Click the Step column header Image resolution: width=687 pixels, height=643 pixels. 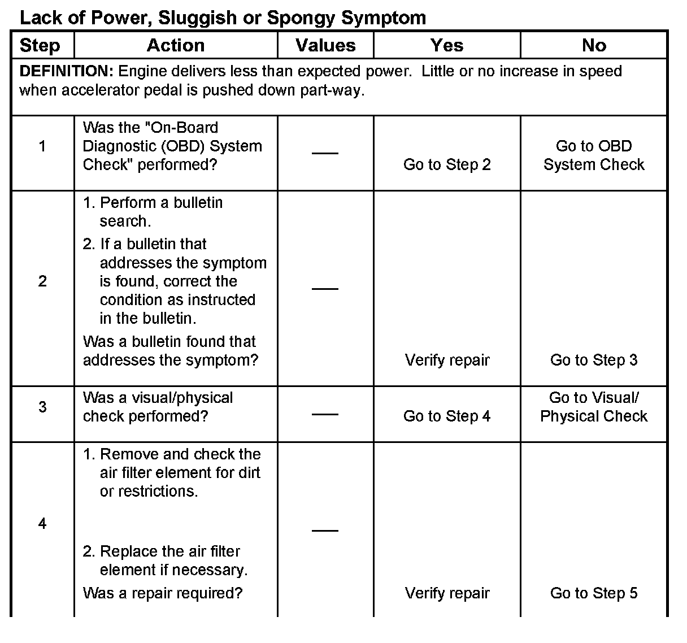point(40,45)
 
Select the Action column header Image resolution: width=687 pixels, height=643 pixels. point(176,45)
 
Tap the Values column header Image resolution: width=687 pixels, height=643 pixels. point(325,45)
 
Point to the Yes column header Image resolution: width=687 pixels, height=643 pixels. point(447,45)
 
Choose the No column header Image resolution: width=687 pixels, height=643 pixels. point(594,45)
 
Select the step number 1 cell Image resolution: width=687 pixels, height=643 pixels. point(42,146)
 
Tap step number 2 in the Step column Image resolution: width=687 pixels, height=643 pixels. point(42,281)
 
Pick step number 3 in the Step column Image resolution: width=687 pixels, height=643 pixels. point(42,407)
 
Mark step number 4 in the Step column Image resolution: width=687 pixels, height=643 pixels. point(42,524)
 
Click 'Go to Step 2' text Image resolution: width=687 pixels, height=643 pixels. point(447,165)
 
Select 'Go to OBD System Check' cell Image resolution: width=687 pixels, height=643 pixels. point(594,155)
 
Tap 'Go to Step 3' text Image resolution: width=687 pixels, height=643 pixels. point(594,360)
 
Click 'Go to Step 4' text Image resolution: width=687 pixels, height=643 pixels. point(447,416)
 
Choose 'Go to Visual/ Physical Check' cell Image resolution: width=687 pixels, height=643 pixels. point(594,407)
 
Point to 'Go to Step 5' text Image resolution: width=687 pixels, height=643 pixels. point(594,593)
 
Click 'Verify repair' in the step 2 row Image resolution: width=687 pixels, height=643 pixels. point(447,360)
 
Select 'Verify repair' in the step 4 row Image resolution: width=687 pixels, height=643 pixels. point(447,593)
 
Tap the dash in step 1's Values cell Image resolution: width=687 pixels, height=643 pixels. point(325,153)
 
